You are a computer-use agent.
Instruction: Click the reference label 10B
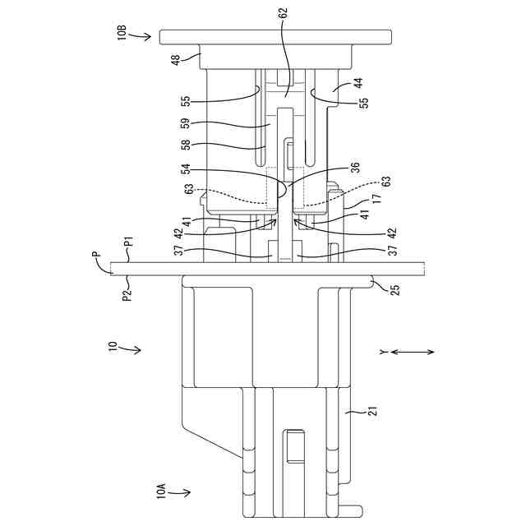click(122, 32)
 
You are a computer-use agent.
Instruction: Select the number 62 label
click(284, 13)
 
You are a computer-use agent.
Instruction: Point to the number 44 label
click(358, 83)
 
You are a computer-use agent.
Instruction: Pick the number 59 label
click(186, 122)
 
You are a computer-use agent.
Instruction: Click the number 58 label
click(186, 145)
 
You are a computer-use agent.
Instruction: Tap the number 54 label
click(186, 168)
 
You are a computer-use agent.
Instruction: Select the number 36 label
click(355, 167)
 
